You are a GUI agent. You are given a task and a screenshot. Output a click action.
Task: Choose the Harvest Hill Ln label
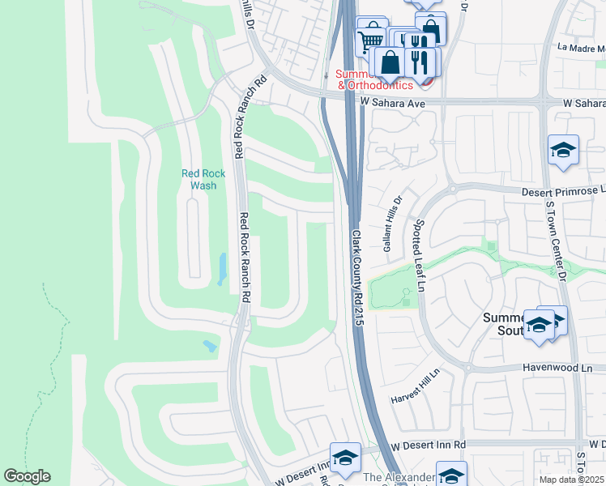414,387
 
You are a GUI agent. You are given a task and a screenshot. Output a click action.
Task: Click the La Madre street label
582,48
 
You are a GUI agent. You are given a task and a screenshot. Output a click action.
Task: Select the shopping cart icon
370,38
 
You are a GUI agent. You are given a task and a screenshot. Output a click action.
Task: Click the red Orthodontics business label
375,84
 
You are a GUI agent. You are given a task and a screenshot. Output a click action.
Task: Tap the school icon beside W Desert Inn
345,458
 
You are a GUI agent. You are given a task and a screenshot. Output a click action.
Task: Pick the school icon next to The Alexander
451,475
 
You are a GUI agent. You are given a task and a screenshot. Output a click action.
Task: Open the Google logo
27,476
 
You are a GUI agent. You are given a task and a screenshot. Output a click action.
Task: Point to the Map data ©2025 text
571,480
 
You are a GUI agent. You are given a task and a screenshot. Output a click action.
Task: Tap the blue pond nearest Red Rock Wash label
221,269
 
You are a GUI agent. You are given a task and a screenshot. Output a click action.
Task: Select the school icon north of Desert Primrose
563,150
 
